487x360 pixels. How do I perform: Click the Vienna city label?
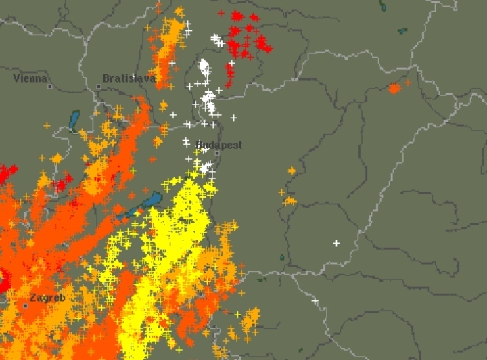(x=30, y=78)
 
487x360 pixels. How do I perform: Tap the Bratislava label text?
(x=128, y=78)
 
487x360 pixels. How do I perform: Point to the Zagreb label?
(x=47, y=298)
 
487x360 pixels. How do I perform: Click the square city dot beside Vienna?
(x=49, y=86)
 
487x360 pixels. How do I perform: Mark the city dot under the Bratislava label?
(x=99, y=87)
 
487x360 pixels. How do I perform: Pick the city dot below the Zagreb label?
(x=26, y=306)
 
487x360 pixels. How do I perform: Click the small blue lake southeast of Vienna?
(x=74, y=120)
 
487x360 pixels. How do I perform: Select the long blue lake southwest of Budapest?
(x=145, y=204)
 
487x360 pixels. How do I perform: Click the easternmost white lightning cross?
(x=336, y=242)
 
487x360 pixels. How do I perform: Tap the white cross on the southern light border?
(x=315, y=300)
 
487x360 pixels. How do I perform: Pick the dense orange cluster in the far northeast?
(x=394, y=88)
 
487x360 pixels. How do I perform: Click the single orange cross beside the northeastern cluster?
(x=408, y=83)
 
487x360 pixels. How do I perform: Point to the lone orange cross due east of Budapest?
(x=292, y=171)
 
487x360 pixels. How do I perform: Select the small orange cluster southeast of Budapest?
(x=290, y=200)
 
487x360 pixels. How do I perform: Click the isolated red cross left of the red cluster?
(x=221, y=13)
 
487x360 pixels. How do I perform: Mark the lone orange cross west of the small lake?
(x=47, y=125)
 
